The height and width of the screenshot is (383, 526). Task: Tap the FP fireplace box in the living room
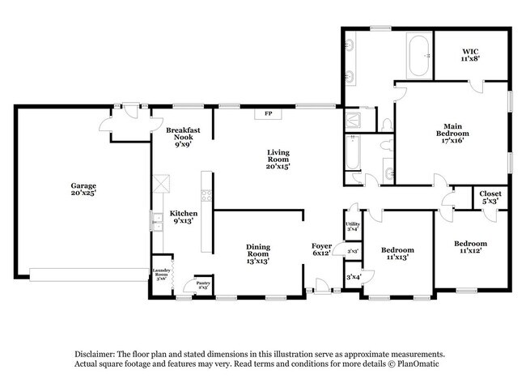[x=268, y=113]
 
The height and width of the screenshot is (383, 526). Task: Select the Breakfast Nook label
[x=182, y=137]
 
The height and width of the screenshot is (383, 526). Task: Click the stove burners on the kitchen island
[x=206, y=195]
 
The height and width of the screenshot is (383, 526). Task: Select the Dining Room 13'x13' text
[x=259, y=253]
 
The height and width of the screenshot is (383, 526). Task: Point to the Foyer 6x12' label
[x=322, y=249]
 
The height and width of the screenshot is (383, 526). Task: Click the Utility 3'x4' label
[x=353, y=227]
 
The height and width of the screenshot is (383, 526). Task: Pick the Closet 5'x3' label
[x=490, y=198]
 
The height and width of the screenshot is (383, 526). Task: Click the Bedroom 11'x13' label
[x=397, y=253]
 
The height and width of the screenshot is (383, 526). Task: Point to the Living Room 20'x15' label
[x=278, y=159]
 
